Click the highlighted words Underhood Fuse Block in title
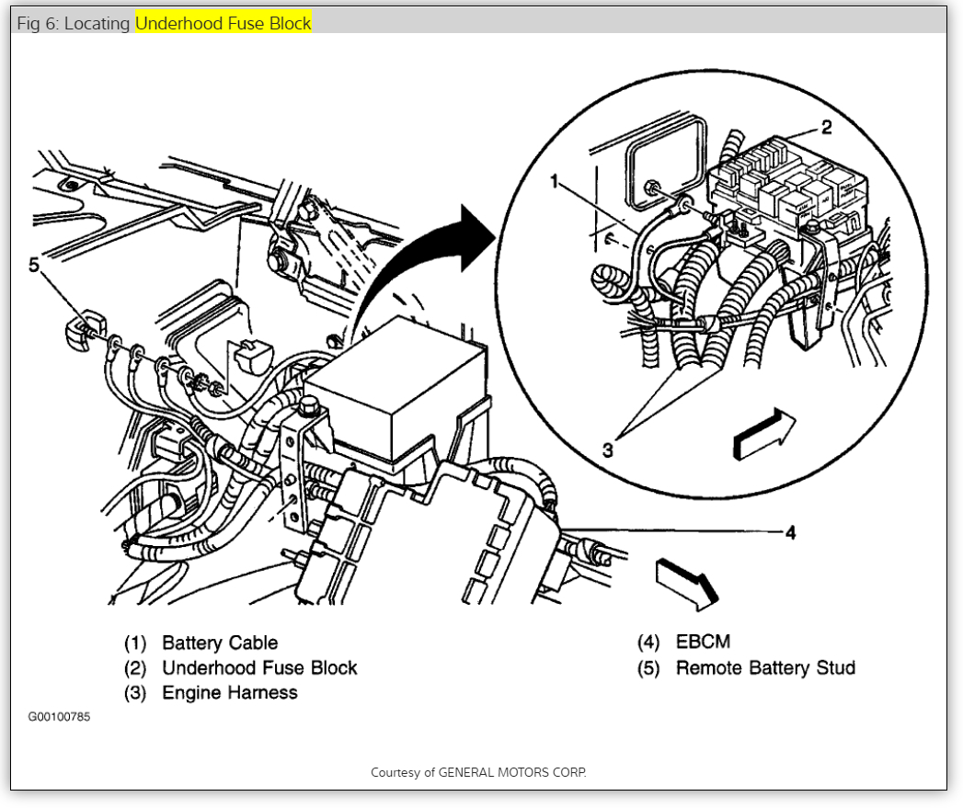(224, 23)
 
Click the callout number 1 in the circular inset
(555, 183)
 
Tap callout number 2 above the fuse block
(826, 128)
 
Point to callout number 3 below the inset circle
(607, 450)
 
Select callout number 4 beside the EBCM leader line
(790, 533)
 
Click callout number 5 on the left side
(34, 266)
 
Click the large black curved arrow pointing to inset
(423, 267)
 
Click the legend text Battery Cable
(219, 643)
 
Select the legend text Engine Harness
(229, 692)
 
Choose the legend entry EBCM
(703, 643)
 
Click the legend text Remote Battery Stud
(765, 667)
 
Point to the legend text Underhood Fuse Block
(259, 667)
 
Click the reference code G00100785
(59, 717)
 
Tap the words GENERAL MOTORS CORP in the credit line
(511, 772)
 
